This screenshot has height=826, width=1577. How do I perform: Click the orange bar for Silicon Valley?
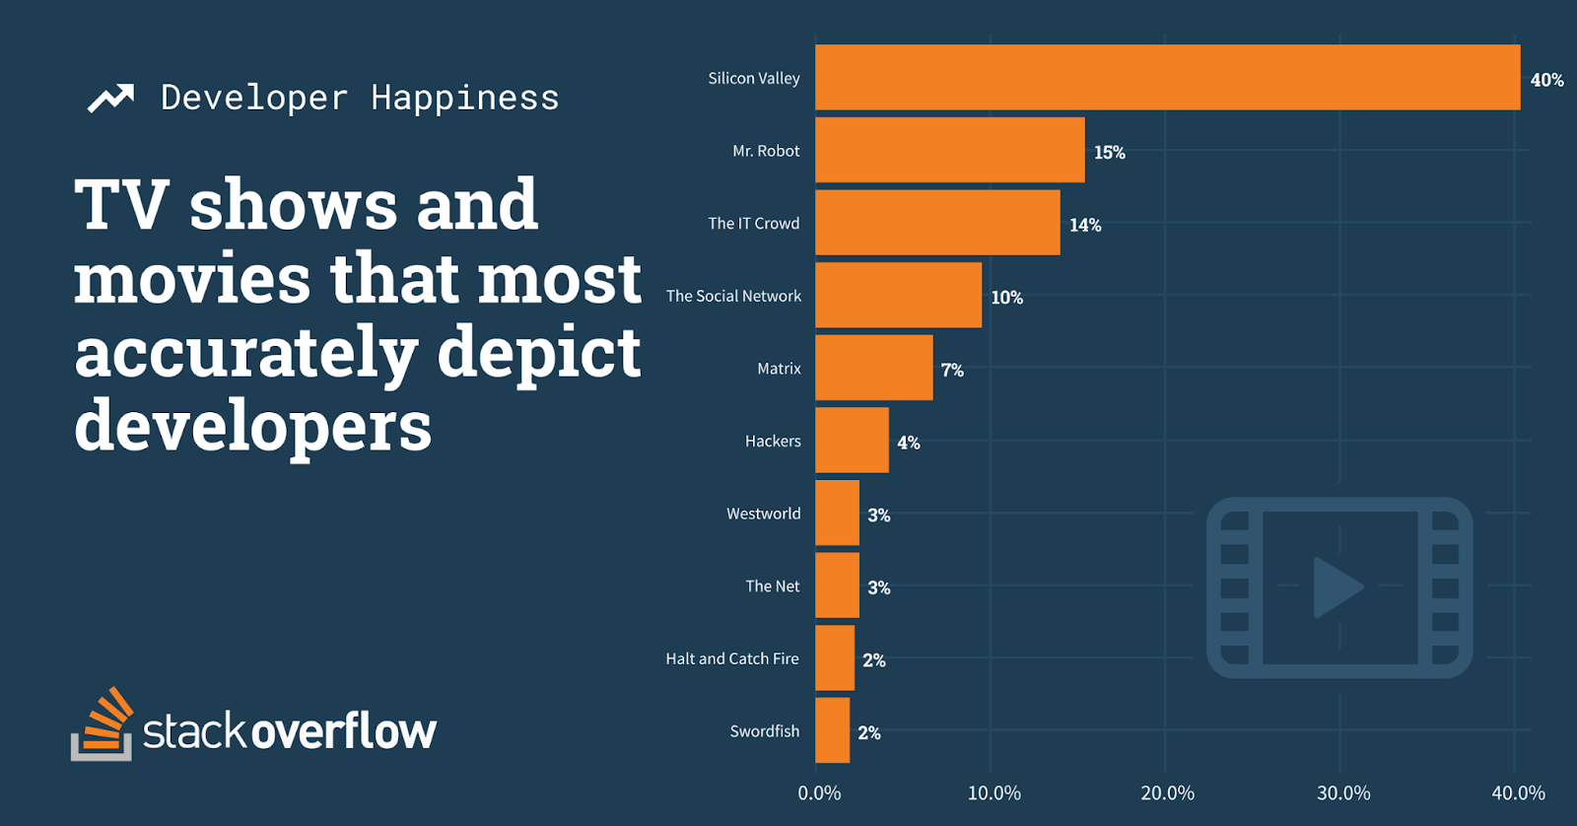point(1167,77)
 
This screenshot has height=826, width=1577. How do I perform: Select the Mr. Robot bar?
point(949,150)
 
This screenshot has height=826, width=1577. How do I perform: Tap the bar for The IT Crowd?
point(937,223)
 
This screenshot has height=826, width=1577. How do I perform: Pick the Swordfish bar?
point(832,730)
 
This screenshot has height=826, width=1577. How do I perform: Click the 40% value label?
point(1546,80)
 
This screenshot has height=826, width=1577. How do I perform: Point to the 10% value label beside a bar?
point(1006,298)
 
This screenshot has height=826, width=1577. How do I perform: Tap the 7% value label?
point(952,370)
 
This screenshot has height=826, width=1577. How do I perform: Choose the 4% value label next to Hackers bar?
point(908,443)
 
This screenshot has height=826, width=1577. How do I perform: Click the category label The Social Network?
point(733,296)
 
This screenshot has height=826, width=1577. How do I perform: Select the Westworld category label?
point(763,514)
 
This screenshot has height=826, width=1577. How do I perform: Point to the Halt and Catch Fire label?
point(731,658)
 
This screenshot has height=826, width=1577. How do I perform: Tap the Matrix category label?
point(779,369)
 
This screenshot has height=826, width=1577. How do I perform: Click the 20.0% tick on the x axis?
point(1167,793)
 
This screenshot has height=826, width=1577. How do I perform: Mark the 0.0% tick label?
point(819,793)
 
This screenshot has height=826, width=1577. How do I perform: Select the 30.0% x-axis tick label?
point(1342,793)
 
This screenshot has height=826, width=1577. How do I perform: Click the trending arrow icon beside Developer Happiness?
point(110,98)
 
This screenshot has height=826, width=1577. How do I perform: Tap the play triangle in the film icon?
point(1336,587)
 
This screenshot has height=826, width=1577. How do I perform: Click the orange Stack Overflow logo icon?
point(102,724)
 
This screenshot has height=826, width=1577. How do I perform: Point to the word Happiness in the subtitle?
point(464,98)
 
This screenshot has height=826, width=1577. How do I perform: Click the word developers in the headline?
point(253,426)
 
